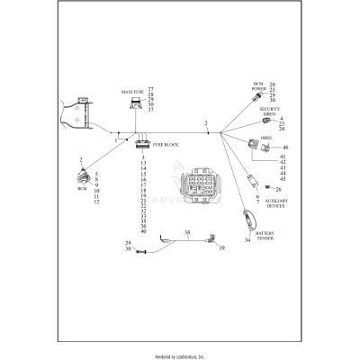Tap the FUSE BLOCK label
[166, 144]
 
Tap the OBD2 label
[265, 137]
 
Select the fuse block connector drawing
[142, 143]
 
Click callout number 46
[285, 147]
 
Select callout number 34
[247, 240]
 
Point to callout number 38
[187, 233]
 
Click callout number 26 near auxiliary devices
[279, 189]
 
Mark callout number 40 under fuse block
[143, 231]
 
